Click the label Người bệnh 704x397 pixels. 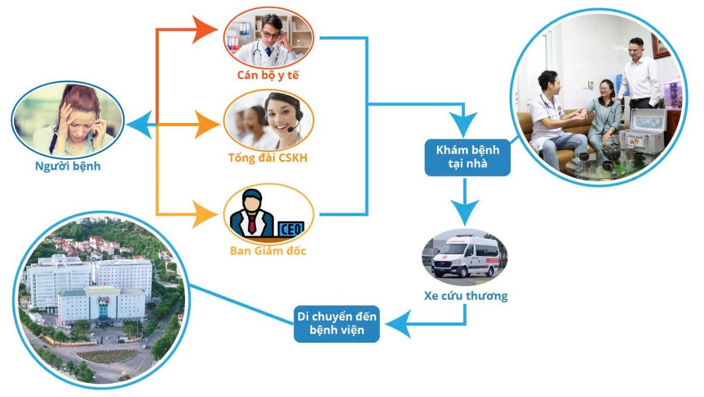coord(66,166)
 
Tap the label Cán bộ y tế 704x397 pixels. coord(268,75)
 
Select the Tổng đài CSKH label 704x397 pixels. coord(268,158)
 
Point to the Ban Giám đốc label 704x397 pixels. coord(268,251)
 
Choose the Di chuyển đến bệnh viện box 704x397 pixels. coord(337,324)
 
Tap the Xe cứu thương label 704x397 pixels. coord(465,296)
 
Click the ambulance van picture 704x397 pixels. coord(465,257)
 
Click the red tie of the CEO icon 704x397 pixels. coord(251,222)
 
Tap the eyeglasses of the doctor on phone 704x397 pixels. coord(270,34)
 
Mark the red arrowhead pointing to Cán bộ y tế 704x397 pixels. coord(204,29)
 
